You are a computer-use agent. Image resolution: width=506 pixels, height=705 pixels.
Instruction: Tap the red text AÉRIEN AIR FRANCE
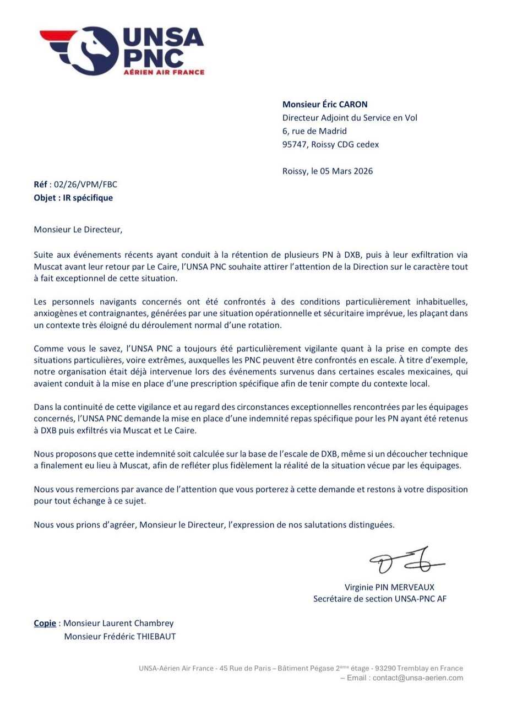(164, 72)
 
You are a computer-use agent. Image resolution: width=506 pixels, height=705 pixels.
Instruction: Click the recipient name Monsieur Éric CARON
(325, 104)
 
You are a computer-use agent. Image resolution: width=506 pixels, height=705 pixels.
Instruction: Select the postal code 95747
(295, 144)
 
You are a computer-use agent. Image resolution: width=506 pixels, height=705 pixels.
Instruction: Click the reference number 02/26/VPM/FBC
(85, 185)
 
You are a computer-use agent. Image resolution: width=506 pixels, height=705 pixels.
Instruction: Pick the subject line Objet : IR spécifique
(73, 198)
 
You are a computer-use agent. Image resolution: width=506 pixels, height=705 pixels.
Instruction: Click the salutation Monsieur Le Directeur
(78, 229)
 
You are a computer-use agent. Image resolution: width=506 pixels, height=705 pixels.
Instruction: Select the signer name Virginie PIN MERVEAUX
(389, 587)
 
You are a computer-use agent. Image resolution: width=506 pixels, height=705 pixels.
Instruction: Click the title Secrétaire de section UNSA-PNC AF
(380, 599)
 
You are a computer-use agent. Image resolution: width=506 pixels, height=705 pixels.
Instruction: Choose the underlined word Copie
(45, 623)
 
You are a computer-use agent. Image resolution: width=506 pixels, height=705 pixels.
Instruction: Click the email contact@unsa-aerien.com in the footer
(418, 678)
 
